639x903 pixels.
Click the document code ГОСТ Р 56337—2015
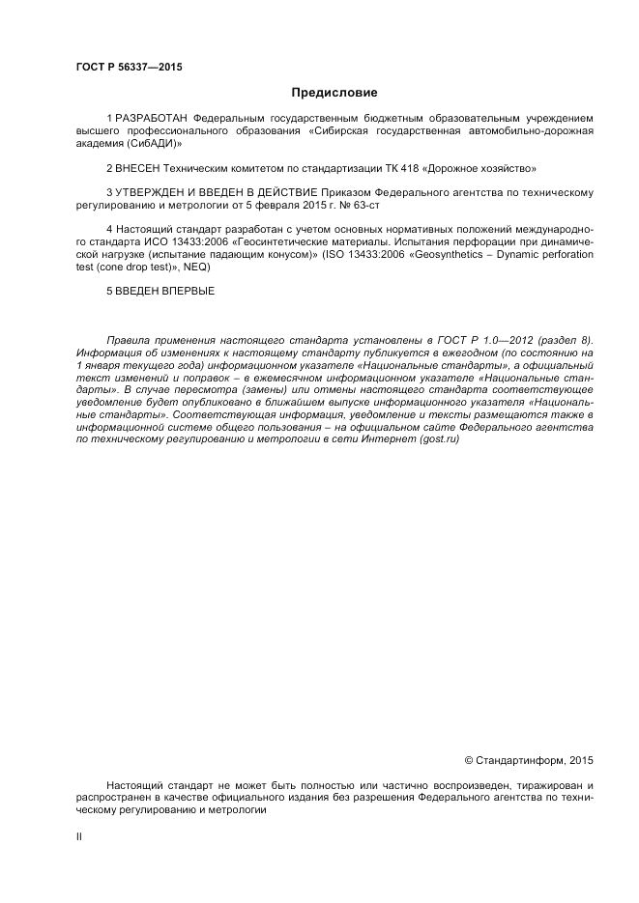point(129,67)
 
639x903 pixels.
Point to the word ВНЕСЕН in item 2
point(136,167)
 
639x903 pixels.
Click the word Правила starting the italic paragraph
point(129,340)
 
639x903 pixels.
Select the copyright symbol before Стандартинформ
point(470,758)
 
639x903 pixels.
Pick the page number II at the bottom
point(79,836)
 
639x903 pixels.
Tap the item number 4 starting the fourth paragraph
point(109,230)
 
